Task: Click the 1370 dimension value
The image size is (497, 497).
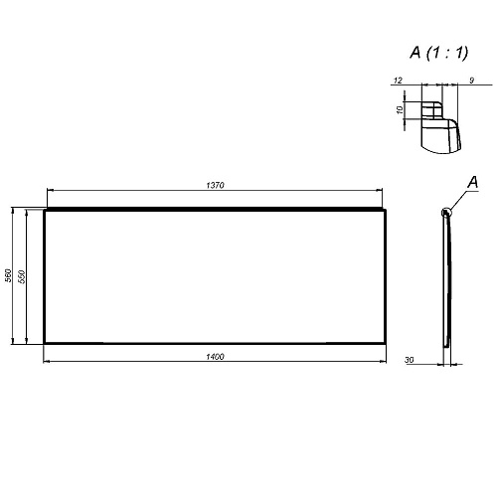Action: click(216, 185)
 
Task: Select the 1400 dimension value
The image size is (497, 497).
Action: click(215, 357)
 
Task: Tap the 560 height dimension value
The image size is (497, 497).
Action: click(8, 275)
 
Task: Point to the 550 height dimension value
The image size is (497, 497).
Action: click(22, 276)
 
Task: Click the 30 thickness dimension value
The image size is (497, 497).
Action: click(410, 360)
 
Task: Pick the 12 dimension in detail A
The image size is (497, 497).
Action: click(398, 81)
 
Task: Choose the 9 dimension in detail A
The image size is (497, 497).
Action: click(472, 81)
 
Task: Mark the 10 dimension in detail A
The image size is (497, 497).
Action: click(400, 109)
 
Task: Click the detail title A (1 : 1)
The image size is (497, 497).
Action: click(439, 53)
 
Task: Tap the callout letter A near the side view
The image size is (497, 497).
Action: click(473, 182)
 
